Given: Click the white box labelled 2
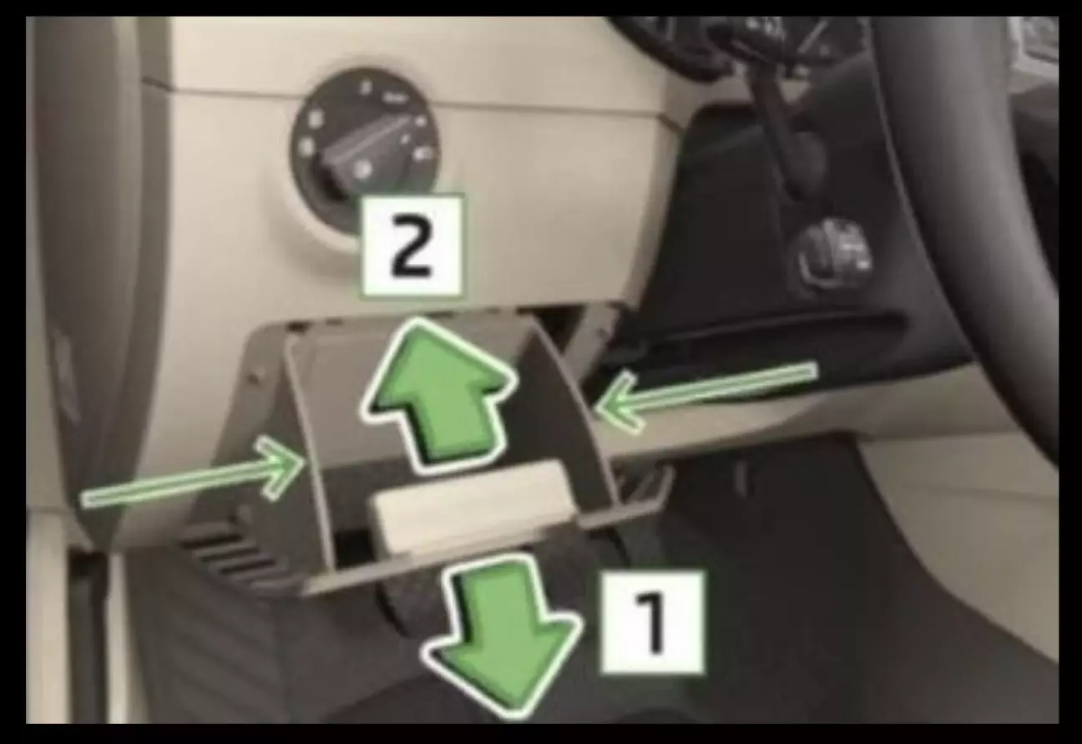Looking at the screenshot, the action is coord(411,245).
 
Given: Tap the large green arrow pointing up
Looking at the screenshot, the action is coord(438,394).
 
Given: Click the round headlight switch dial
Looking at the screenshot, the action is coord(365,149).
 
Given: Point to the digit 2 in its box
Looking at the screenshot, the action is coord(411,245).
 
